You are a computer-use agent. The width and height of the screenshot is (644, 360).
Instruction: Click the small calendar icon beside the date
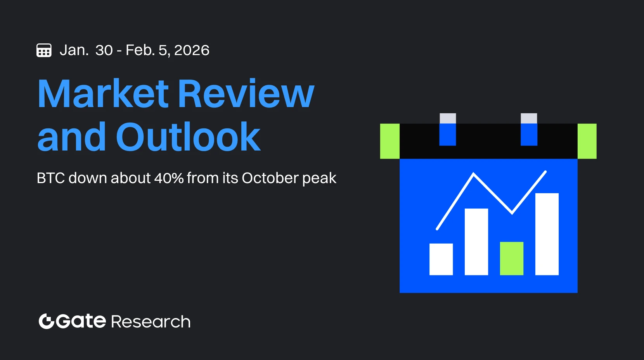44,50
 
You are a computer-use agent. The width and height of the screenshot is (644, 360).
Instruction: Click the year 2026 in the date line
192,50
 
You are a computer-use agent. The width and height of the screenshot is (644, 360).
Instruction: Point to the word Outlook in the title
188,136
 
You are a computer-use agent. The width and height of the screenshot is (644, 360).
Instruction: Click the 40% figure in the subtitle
169,178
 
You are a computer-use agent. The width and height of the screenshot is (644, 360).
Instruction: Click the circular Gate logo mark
47,321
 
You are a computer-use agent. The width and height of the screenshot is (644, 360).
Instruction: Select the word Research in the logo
151,322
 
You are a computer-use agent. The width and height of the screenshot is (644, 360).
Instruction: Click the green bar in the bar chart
512,258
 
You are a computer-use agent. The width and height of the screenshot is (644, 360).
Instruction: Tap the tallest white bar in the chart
547,234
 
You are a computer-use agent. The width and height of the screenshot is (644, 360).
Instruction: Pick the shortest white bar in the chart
441,260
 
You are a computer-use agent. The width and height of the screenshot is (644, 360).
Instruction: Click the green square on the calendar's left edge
390,141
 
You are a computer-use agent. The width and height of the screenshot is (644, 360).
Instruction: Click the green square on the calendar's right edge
587,141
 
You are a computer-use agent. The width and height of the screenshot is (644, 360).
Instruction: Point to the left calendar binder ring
448,130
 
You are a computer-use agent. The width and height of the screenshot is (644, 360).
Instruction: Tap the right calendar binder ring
529,130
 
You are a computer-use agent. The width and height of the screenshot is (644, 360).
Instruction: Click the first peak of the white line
474,174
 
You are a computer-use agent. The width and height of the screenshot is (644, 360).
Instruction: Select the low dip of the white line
512,213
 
